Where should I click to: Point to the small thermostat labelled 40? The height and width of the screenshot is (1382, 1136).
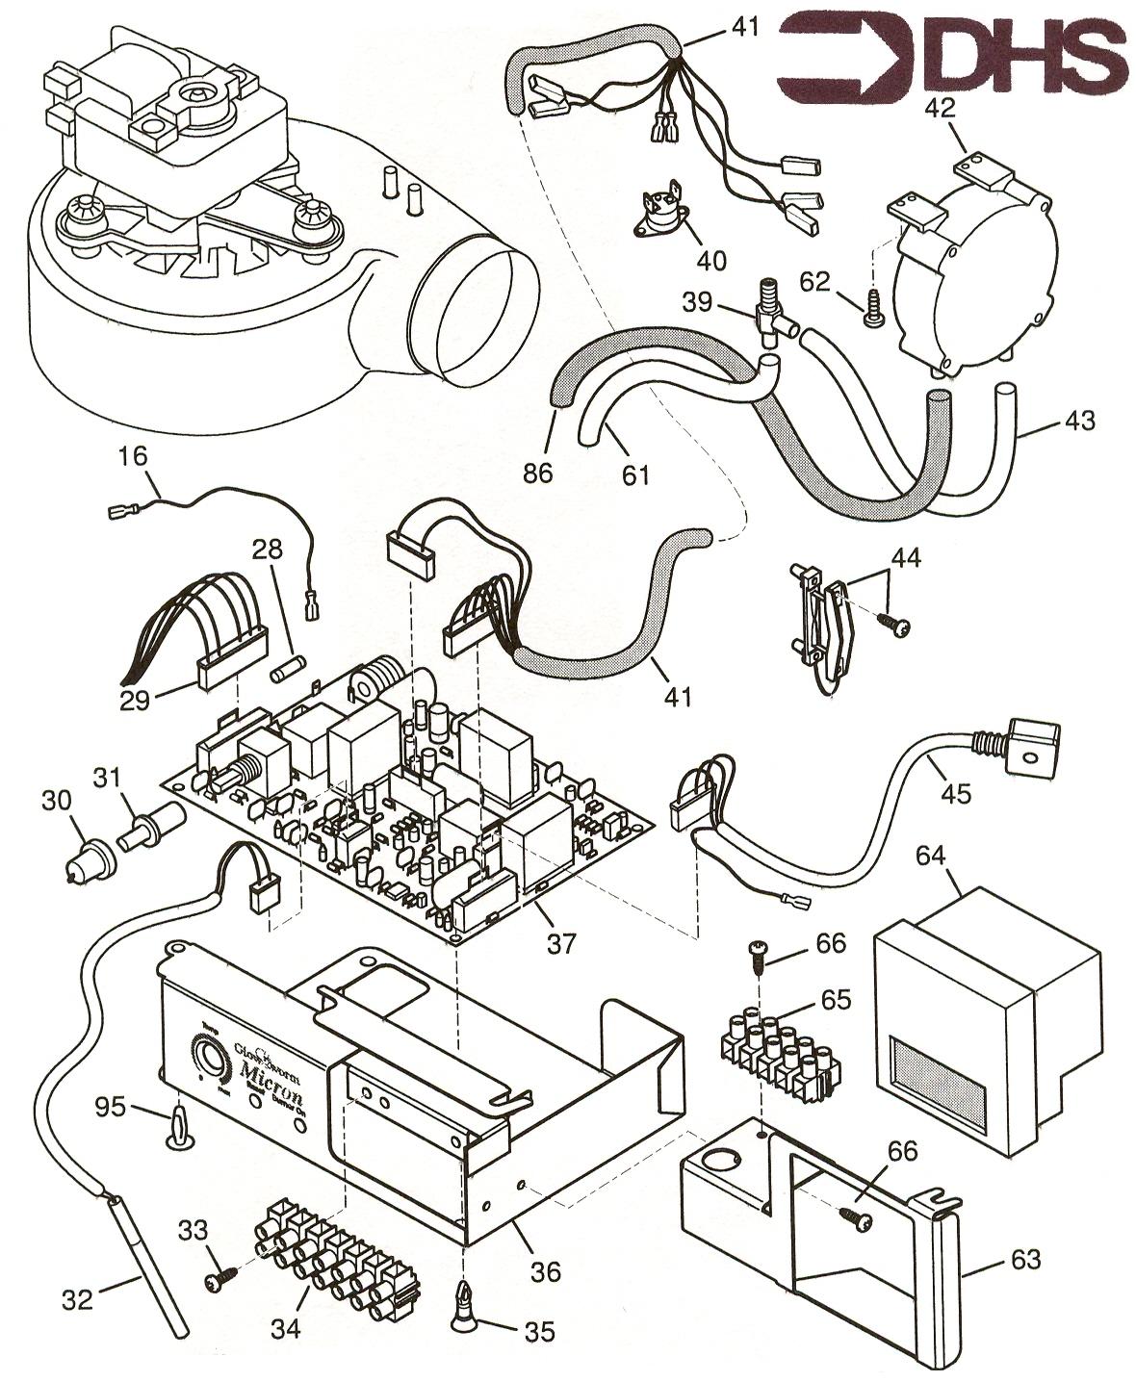(x=663, y=218)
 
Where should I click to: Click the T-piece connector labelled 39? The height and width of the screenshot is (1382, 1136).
(x=768, y=309)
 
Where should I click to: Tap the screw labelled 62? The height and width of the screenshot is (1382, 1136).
(x=873, y=310)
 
